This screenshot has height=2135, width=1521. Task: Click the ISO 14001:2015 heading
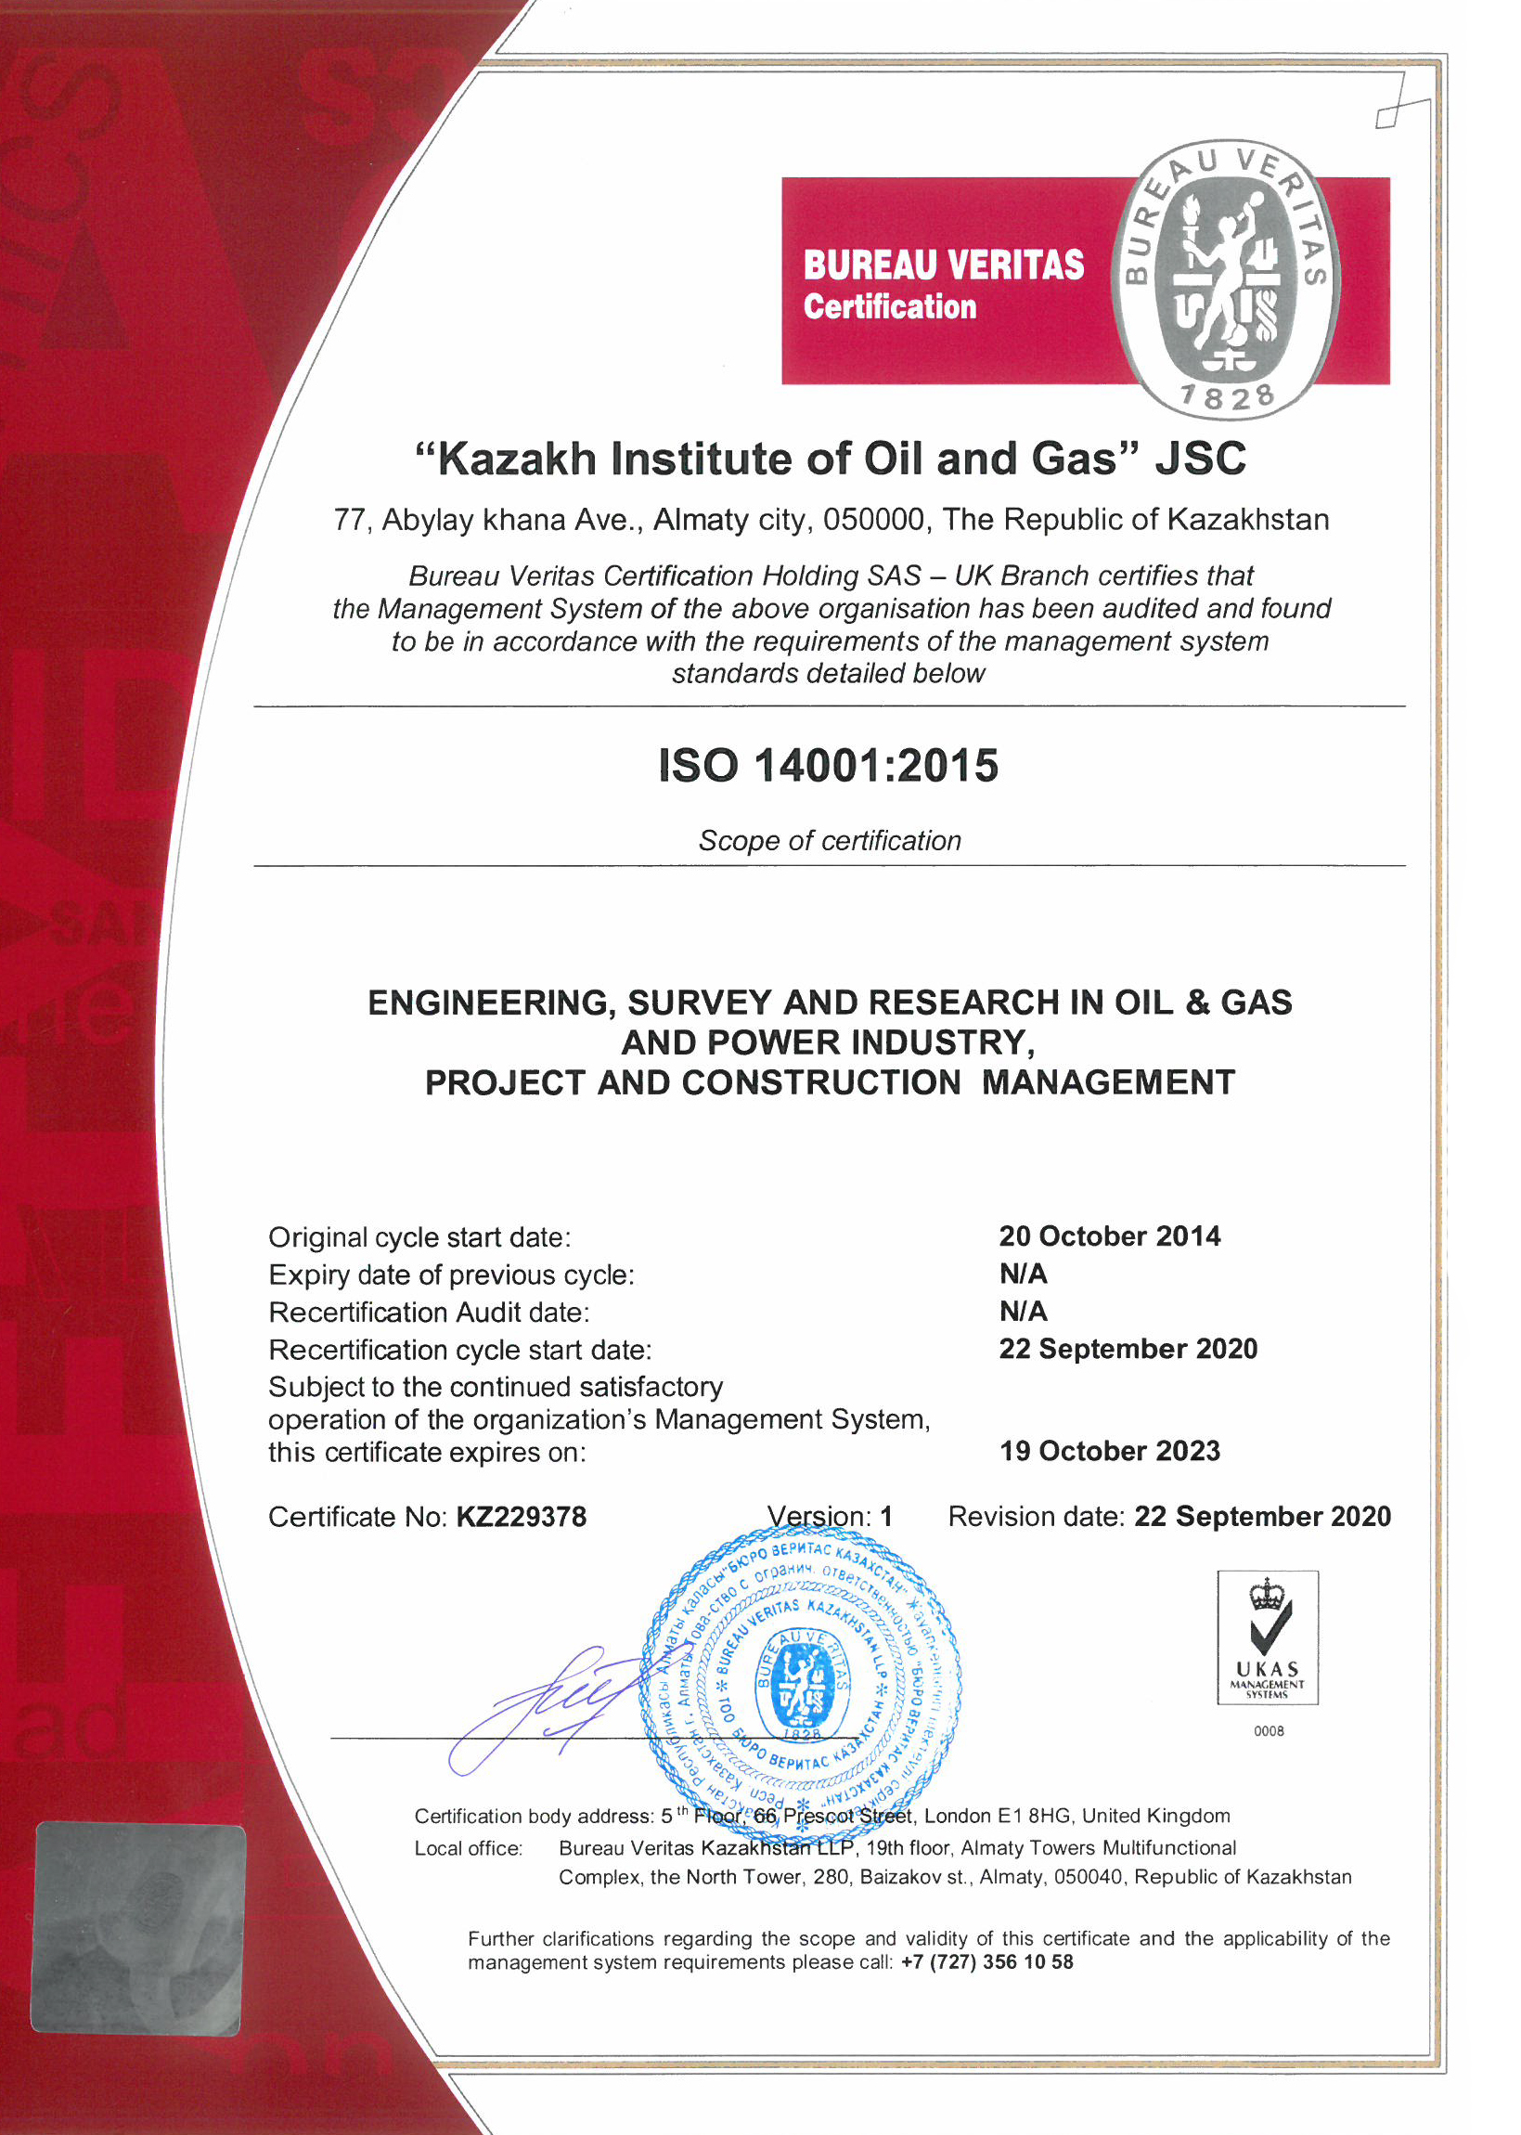pos(828,766)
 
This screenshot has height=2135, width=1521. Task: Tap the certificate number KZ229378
pos(521,1517)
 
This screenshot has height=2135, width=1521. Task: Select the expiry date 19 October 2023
pos(1109,1451)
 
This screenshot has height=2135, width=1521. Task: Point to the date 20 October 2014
pos(1109,1236)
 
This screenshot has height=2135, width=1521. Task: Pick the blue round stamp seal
pos(801,1682)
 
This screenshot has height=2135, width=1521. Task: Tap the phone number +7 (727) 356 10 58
pos(986,1962)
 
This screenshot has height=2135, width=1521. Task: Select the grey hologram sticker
pos(138,1928)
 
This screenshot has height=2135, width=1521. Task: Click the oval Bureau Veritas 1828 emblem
pos(1225,279)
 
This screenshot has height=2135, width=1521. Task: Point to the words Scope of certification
pos(830,841)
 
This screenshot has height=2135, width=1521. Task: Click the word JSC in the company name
pos(1200,459)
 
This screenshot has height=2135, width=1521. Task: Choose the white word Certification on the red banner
pos(890,307)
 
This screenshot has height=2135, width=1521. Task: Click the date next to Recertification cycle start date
pos(1128,1349)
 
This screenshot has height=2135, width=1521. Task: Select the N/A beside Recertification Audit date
pos(1023,1312)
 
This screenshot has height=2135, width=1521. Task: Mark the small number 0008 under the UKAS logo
pos(1269,1731)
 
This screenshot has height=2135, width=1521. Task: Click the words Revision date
pos(1036,1517)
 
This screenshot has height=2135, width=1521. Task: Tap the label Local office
pos(469,1848)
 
